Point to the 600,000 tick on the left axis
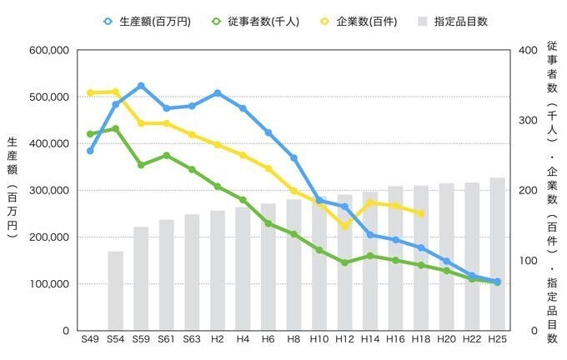[48, 50]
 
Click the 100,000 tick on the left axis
[48, 284]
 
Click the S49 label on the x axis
[90, 340]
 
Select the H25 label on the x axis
[497, 340]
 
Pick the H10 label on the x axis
[319, 340]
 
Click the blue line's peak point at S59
[141, 86]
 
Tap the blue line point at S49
[90, 151]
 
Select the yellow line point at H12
[344, 226]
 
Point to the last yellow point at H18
[421, 213]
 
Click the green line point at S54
[116, 129]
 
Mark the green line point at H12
[344, 262]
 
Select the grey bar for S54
[116, 291]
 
